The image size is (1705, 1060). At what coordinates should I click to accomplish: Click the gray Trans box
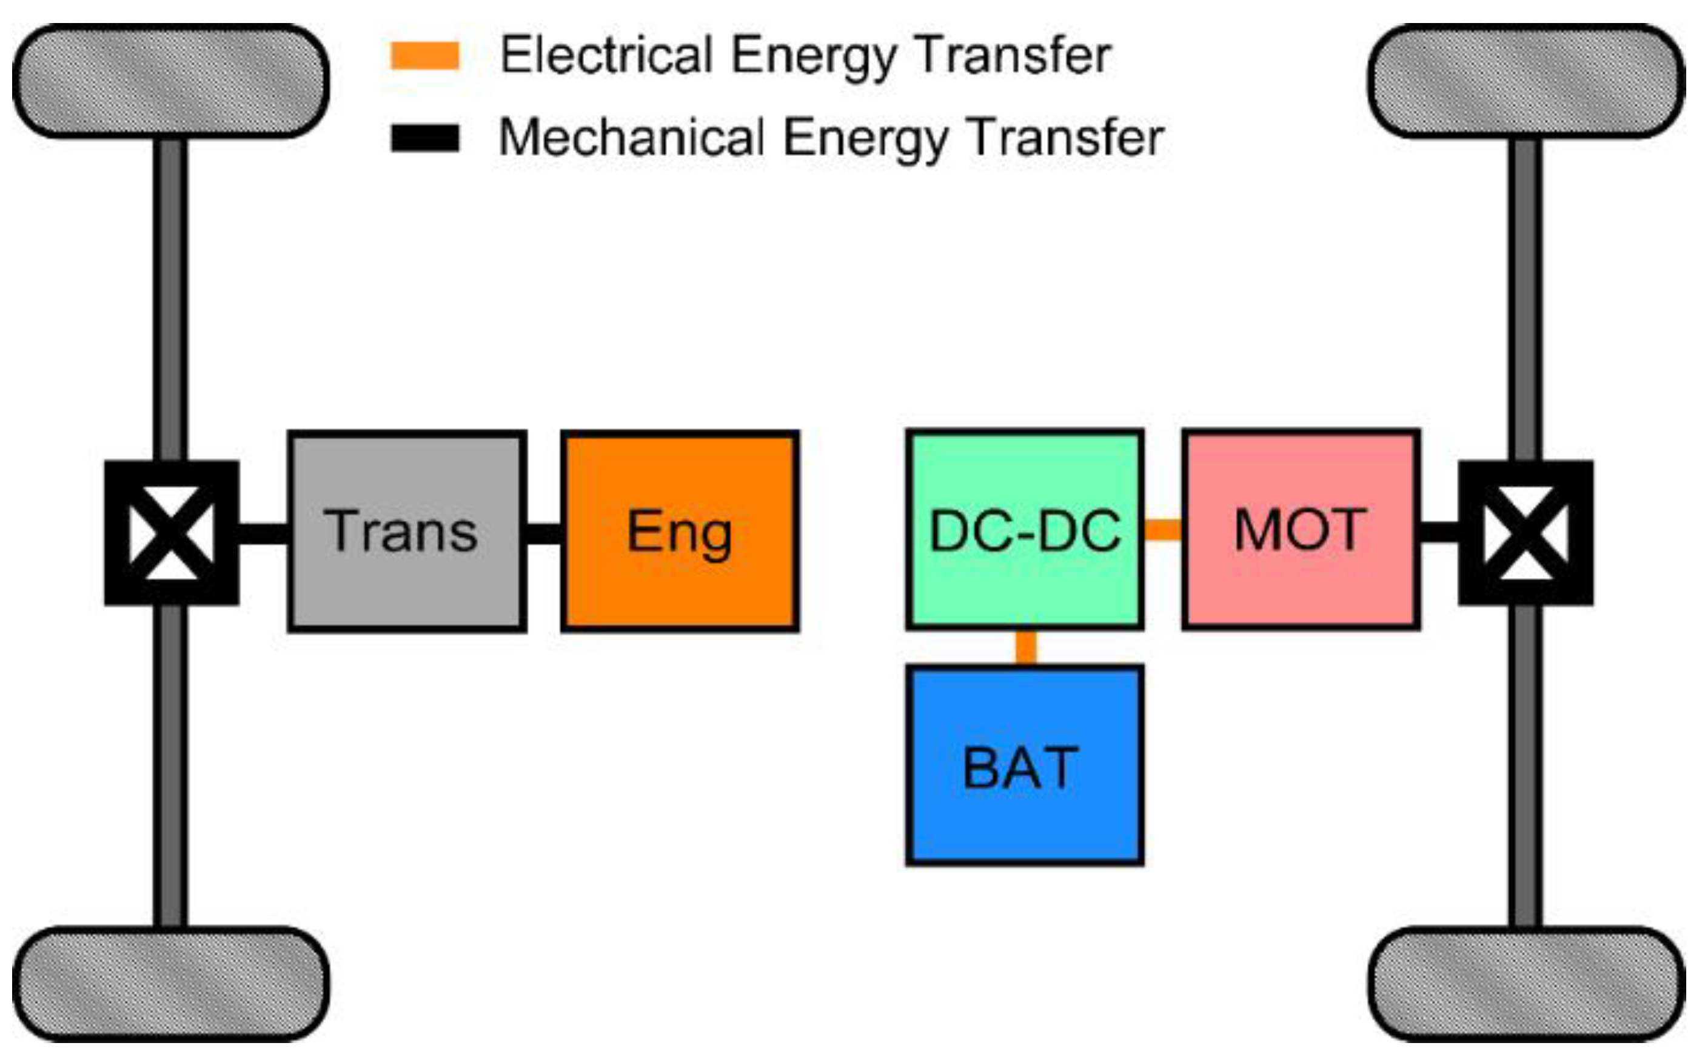point(407,532)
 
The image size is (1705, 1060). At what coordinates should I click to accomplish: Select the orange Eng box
point(680,532)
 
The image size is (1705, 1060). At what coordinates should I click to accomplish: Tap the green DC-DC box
point(1025,530)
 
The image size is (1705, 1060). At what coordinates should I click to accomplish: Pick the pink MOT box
point(1301,530)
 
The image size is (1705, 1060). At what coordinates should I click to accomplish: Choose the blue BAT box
point(1025,765)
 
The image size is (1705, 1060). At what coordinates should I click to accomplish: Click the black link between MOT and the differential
point(1439,532)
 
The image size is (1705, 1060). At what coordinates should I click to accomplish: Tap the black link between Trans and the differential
point(264,533)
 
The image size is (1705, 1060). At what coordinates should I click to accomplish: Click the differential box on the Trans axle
point(172,533)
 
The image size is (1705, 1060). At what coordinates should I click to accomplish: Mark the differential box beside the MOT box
point(1526,533)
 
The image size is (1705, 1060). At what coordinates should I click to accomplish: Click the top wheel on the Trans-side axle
point(170,81)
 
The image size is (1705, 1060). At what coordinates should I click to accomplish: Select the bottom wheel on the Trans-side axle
point(170,983)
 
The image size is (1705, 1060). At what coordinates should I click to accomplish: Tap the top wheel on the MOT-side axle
point(1526,81)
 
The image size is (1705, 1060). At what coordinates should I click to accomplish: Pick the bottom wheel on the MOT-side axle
point(1526,983)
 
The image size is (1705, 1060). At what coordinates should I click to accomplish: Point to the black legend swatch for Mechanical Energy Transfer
point(425,138)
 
